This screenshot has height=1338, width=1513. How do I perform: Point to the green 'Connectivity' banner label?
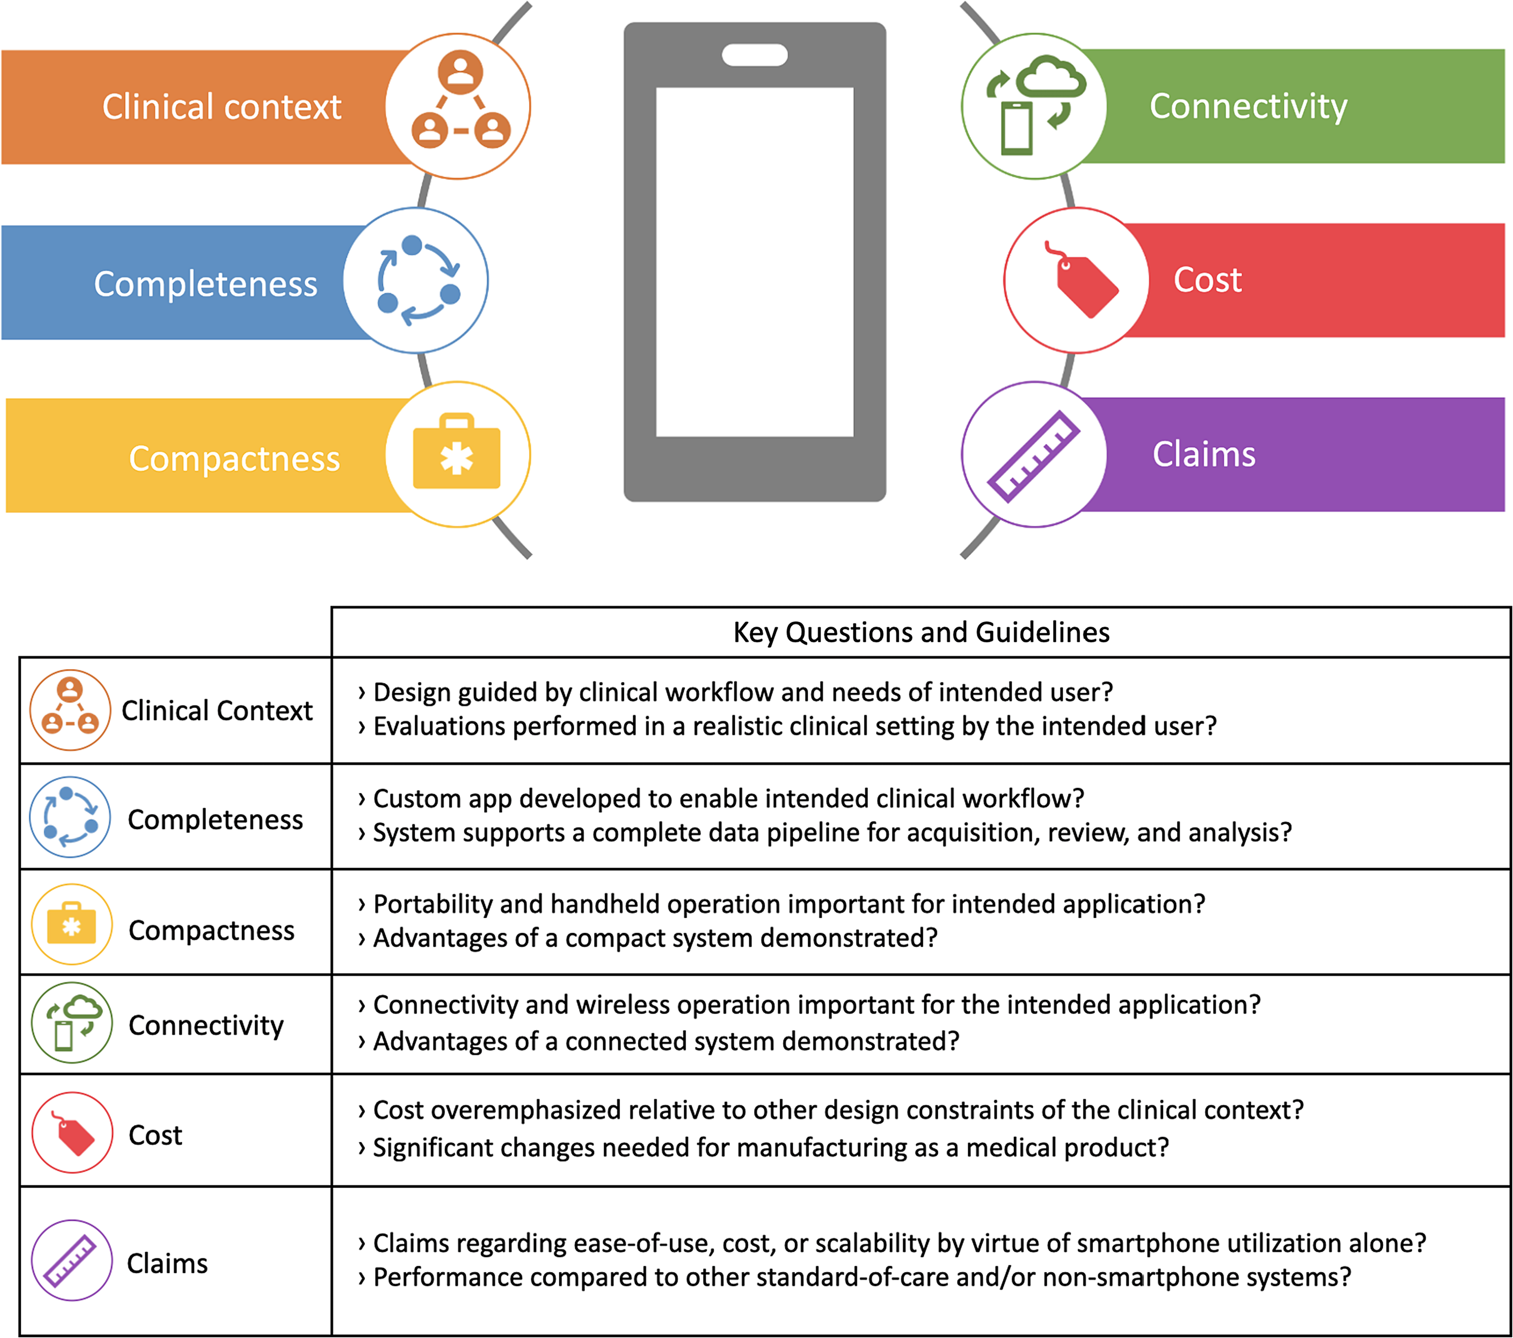coord(1248,107)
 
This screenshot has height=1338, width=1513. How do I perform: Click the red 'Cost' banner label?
coord(1207,280)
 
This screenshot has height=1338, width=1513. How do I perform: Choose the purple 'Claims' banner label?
coord(1203,454)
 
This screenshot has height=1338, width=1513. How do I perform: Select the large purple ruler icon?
coord(1034,456)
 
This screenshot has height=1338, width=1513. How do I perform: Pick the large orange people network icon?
coord(460,99)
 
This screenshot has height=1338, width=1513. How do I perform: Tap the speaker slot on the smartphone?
coord(754,55)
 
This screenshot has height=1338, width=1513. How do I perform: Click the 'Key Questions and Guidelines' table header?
coord(921,632)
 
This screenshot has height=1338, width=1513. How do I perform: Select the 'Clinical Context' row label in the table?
coord(217,710)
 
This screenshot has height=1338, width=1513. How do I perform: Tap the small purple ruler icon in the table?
coord(70,1260)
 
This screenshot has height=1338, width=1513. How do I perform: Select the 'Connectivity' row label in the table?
coord(206,1026)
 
